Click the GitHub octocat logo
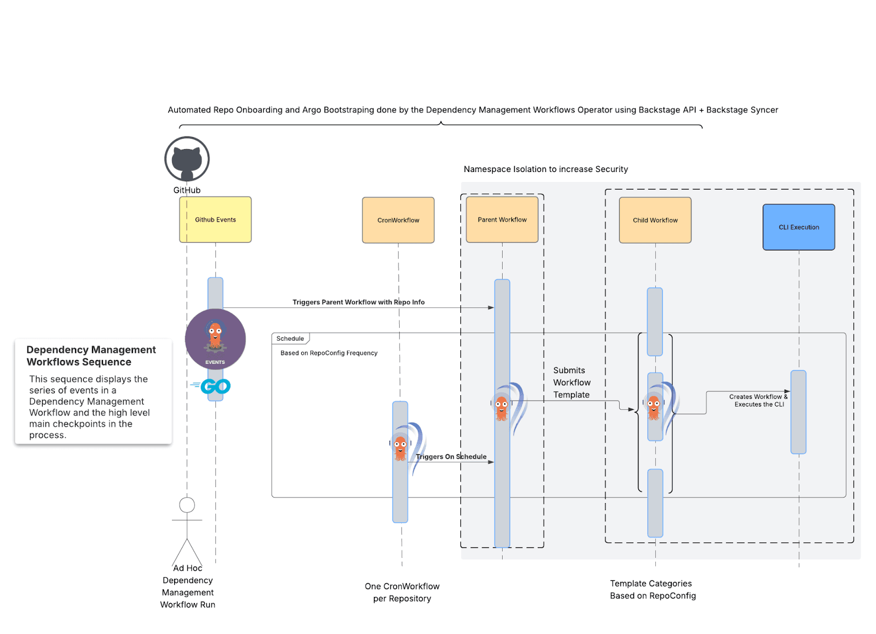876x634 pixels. [x=187, y=159]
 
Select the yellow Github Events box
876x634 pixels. [x=215, y=220]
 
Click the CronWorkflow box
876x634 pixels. [x=398, y=220]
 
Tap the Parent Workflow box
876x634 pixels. [x=502, y=220]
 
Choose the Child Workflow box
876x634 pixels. [x=655, y=220]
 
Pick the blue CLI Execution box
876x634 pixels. [x=799, y=227]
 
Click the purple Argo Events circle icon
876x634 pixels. [x=215, y=339]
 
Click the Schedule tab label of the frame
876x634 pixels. [x=290, y=339]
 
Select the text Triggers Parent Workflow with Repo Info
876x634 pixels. [x=358, y=302]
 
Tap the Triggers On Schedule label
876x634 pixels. [x=451, y=456]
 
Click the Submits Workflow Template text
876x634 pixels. [x=572, y=382]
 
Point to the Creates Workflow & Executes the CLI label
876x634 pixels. [x=758, y=401]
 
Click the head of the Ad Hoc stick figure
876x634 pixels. [x=187, y=505]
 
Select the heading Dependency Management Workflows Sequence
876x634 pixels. [x=91, y=356]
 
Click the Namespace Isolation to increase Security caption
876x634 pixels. [x=545, y=169]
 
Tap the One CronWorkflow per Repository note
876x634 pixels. [x=402, y=592]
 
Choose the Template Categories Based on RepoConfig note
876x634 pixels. [x=653, y=590]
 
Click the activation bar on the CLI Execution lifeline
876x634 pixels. [x=798, y=412]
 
